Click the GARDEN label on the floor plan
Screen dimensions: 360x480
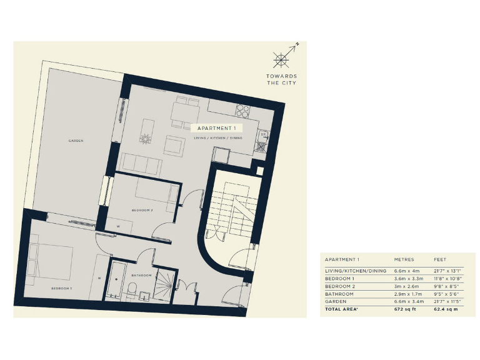76,141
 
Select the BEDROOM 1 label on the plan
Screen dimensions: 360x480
61,288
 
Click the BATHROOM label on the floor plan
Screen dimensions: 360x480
141,275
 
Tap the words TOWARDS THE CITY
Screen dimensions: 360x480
281,79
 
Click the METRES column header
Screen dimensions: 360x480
404,259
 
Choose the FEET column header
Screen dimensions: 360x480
441,259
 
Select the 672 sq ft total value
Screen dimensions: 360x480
405,309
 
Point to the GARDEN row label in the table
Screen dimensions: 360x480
335,301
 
